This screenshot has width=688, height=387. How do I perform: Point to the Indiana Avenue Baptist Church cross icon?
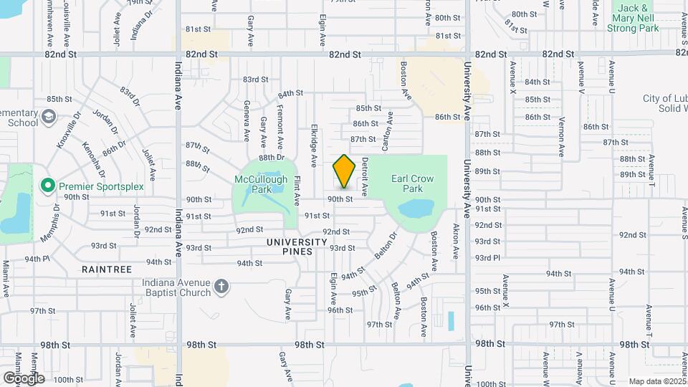pyautogui.click(x=222, y=287)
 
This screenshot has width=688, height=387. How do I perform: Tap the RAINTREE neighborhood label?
pyautogui.click(x=107, y=269)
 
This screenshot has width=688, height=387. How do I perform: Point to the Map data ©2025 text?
pyautogui.click(x=656, y=381)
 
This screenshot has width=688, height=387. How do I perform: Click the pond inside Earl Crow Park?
pyautogui.click(x=416, y=209)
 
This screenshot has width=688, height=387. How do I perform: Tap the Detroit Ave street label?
pyautogui.click(x=365, y=177)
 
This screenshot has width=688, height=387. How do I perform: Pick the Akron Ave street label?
pyautogui.click(x=456, y=242)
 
